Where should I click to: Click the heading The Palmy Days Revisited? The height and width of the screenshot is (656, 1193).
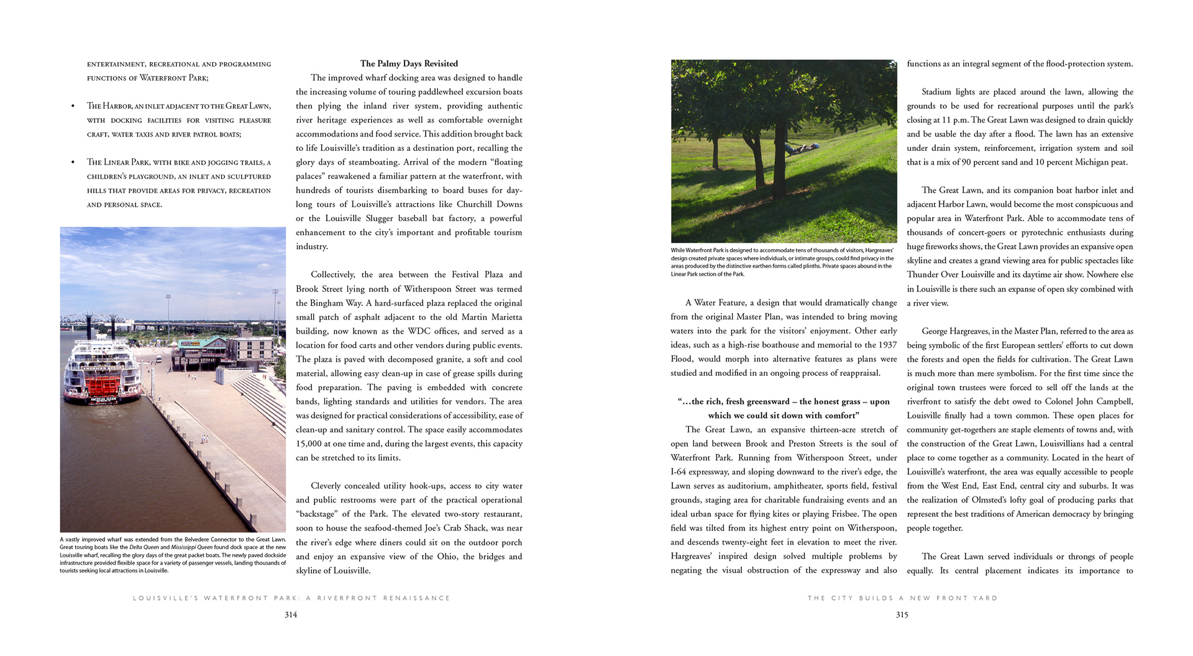409,63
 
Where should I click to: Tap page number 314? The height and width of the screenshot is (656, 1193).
291,614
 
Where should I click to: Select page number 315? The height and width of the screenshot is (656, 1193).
902,614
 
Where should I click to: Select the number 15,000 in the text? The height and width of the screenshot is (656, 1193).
309,444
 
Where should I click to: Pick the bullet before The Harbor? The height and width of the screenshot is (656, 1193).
73,106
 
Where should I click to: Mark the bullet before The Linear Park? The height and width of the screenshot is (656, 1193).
73,162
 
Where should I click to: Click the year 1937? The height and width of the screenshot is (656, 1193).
884,345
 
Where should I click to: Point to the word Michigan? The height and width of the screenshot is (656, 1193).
1084,162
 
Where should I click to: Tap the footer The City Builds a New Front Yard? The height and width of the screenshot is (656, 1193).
902,598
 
